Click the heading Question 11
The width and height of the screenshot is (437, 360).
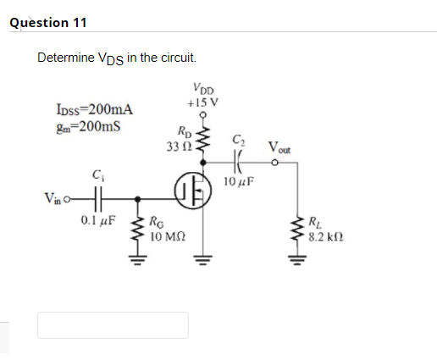pyautogui.click(x=48, y=23)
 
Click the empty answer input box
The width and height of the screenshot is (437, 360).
pyautogui.click(x=113, y=325)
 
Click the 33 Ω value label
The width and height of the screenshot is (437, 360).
pyautogui.click(x=180, y=147)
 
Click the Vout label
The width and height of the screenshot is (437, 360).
pyautogui.click(x=280, y=147)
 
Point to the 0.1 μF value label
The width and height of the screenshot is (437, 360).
pyautogui.click(x=98, y=225)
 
